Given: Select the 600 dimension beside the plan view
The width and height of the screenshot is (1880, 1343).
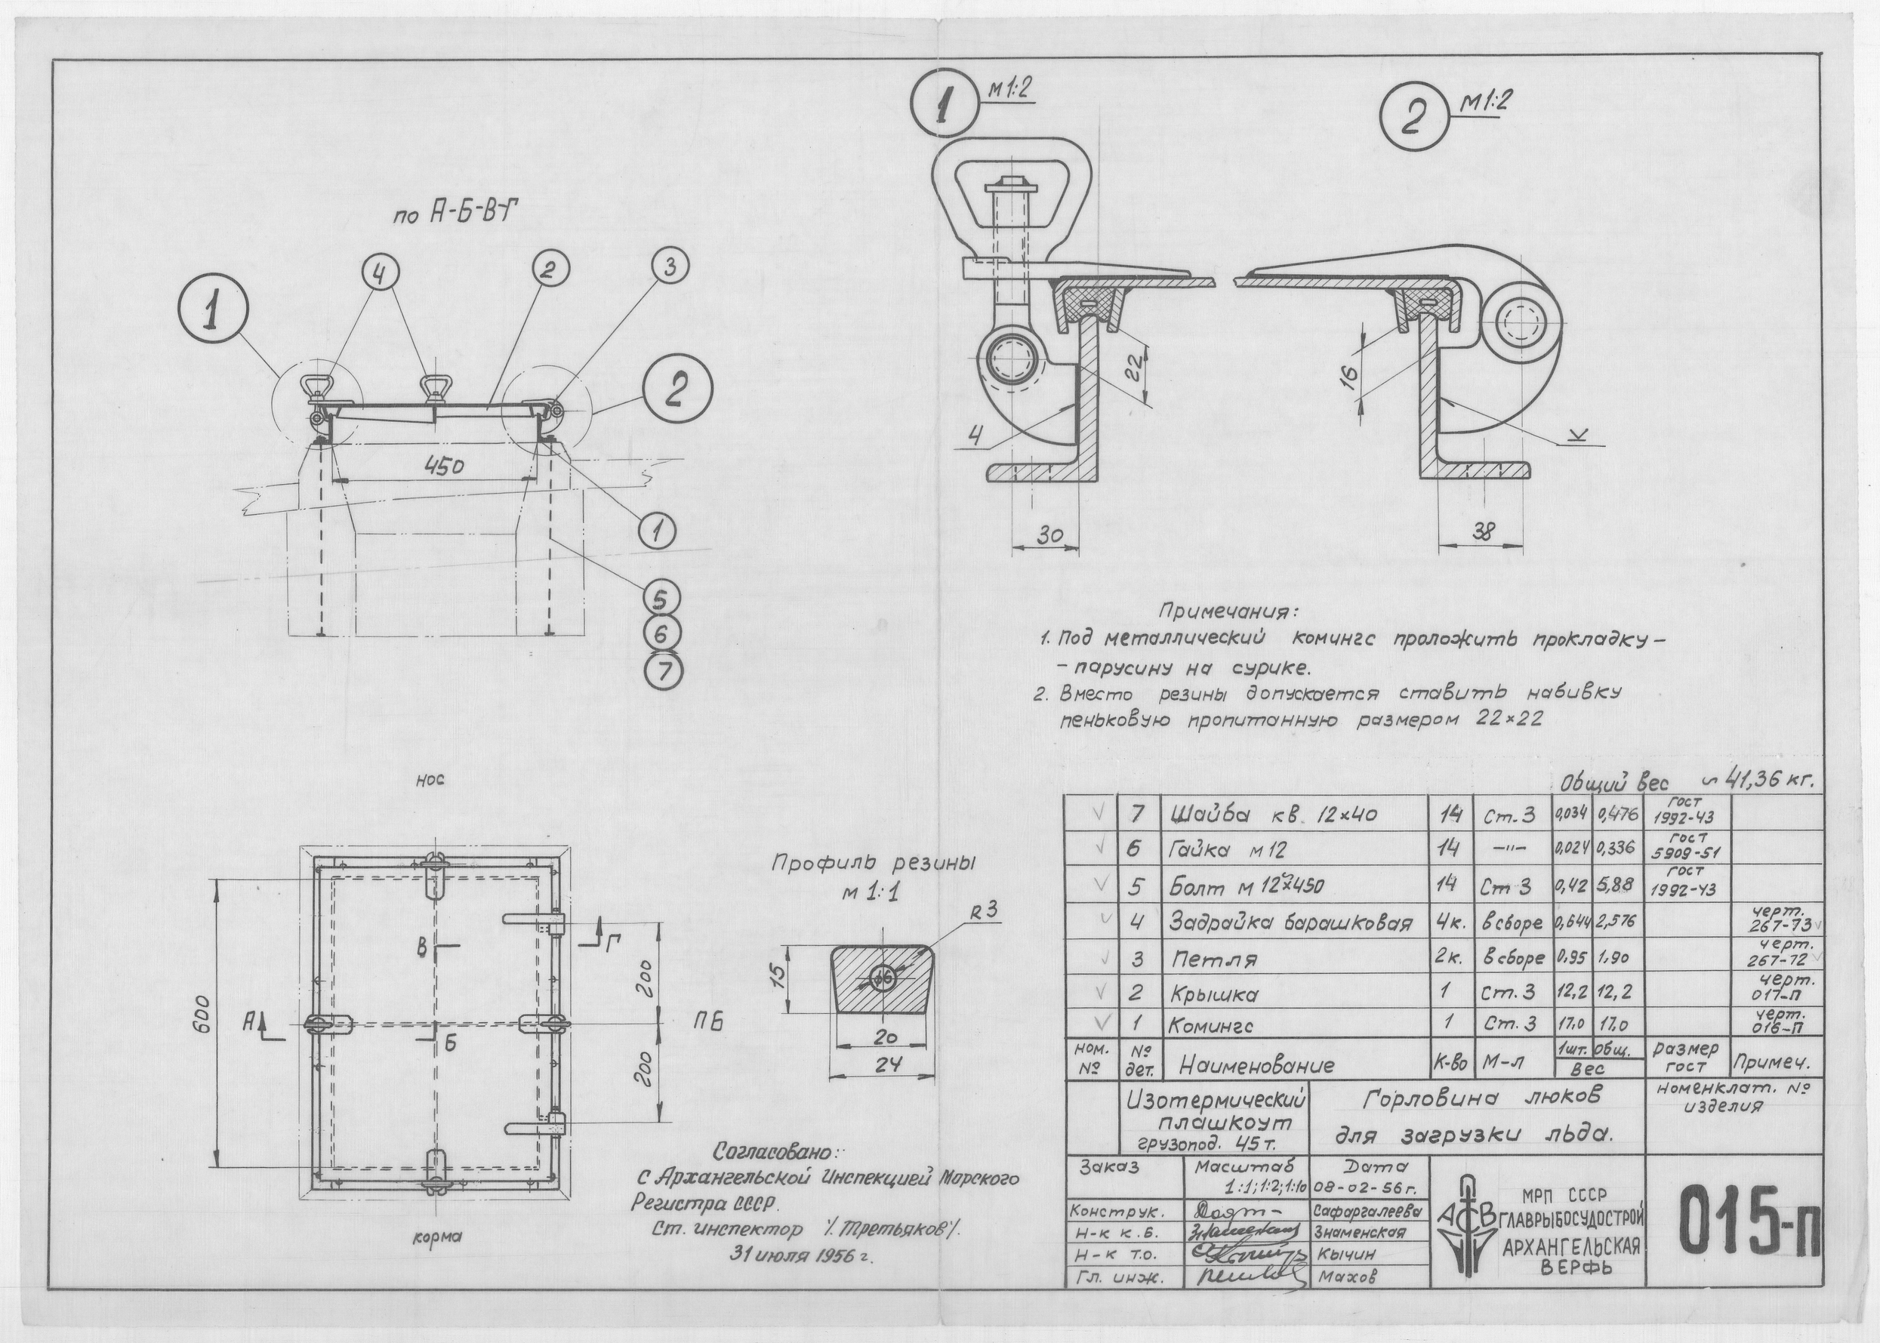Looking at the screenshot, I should click(x=206, y=1022).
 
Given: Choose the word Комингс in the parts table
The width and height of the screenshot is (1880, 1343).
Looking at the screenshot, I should click(x=1210, y=1025).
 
